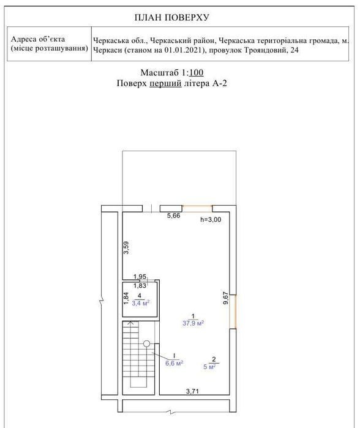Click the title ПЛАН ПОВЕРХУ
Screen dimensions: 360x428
click(x=171, y=18)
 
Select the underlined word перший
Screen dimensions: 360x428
click(x=165, y=83)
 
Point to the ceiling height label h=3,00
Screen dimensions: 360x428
click(x=211, y=219)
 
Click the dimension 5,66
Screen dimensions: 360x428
click(x=174, y=216)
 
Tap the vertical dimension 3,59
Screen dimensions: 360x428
click(x=126, y=247)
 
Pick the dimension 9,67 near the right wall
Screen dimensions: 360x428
click(x=225, y=298)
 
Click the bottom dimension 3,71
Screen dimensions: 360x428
click(x=192, y=391)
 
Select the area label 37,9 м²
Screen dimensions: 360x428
click(x=193, y=323)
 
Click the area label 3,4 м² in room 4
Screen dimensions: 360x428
click(x=141, y=303)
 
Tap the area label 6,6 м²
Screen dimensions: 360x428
click(x=174, y=363)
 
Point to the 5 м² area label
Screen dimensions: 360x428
click(x=209, y=367)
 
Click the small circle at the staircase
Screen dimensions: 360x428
click(x=146, y=344)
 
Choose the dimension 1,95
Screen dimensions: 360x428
click(x=140, y=277)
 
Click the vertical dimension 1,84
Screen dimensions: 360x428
click(x=126, y=299)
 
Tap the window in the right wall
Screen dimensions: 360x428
click(x=233, y=312)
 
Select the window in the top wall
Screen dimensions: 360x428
click(x=197, y=209)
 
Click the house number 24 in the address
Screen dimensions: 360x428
click(x=294, y=50)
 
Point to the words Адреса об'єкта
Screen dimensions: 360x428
click(x=38, y=39)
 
